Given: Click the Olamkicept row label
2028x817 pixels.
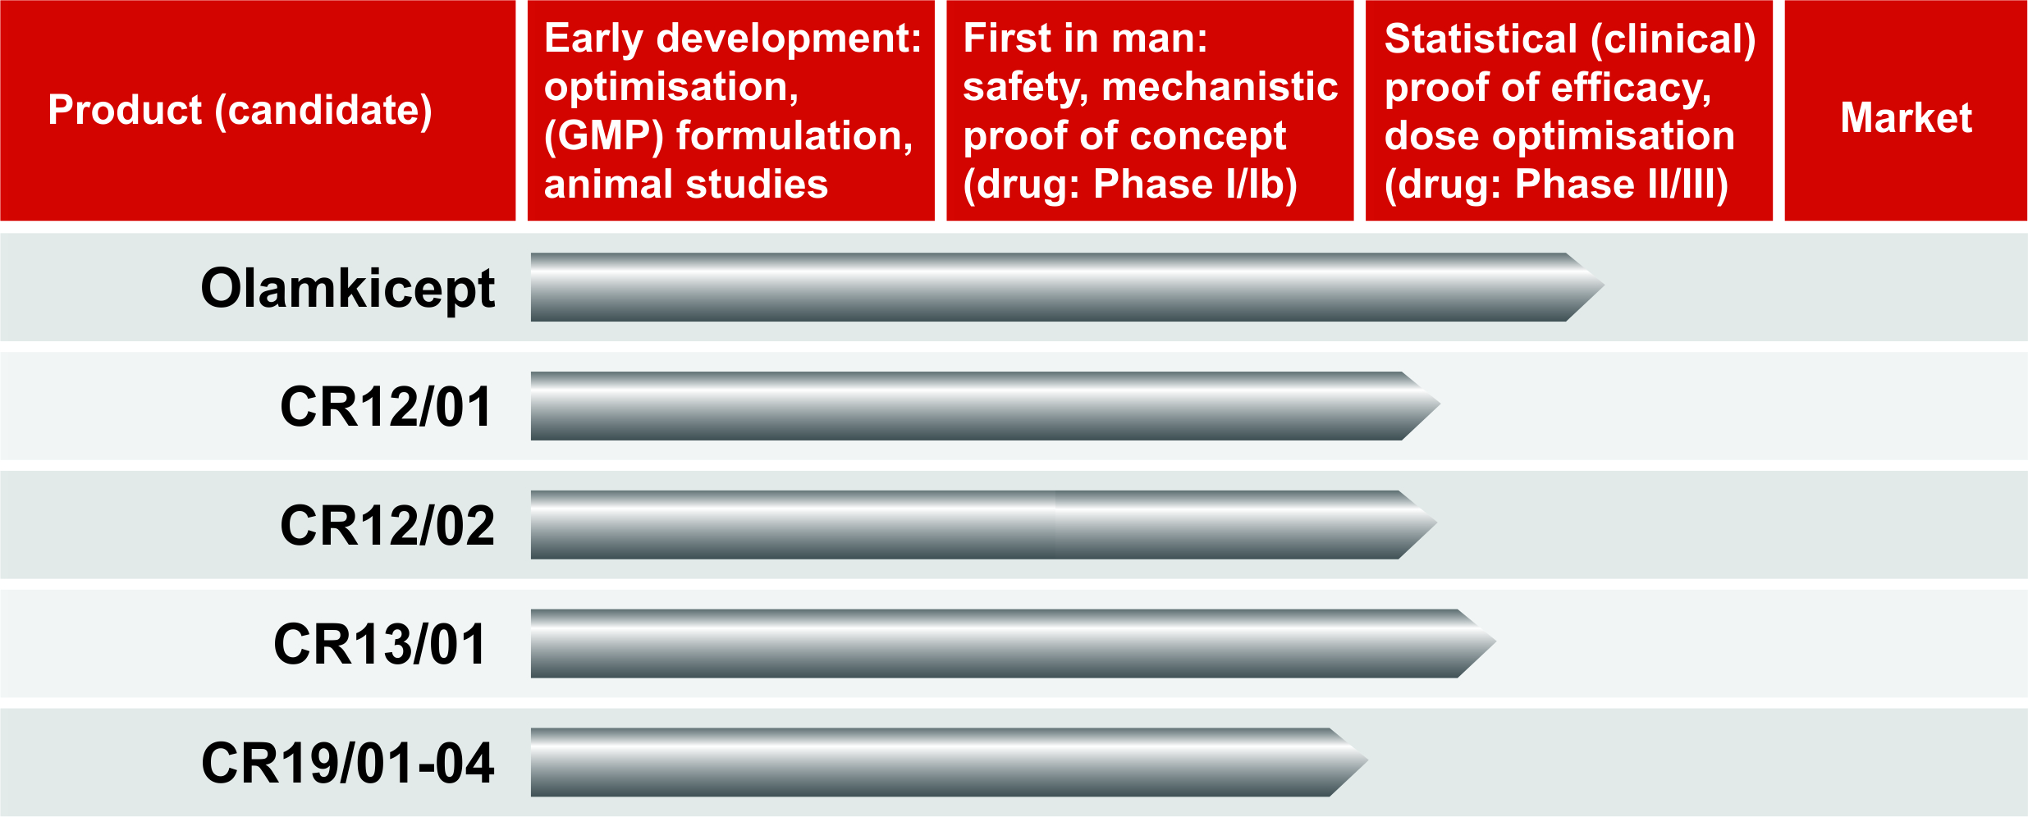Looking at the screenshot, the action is pyautogui.click(x=348, y=289).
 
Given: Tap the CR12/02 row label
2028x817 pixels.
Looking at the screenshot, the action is pyautogui.click(x=387, y=525).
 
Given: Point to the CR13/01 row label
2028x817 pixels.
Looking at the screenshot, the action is pyautogui.click(x=380, y=644).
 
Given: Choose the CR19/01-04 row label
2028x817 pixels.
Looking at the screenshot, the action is pyautogui.click(x=348, y=763).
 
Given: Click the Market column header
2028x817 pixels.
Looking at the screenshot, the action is pyautogui.click(x=1906, y=117).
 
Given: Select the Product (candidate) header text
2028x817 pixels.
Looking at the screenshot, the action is pyautogui.click(x=240, y=111).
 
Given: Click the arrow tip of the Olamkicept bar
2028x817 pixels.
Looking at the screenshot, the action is pyautogui.click(x=1604, y=286).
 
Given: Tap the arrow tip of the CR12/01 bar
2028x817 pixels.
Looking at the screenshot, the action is pyautogui.click(x=1440, y=405).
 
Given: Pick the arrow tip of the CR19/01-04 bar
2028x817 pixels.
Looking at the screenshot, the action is pyautogui.click(x=1367, y=762).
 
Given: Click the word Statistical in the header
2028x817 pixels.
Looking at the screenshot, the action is pyautogui.click(x=1481, y=39).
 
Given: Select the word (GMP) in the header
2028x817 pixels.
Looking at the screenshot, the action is pyautogui.click(x=604, y=136).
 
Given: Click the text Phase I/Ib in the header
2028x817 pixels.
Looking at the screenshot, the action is pyautogui.click(x=1195, y=185).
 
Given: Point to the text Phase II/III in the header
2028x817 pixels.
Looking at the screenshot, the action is pyautogui.click(x=1621, y=185).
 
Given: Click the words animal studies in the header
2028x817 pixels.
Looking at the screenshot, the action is pyautogui.click(x=686, y=185).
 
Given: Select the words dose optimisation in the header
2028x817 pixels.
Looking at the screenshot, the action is pyautogui.click(x=1559, y=136).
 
